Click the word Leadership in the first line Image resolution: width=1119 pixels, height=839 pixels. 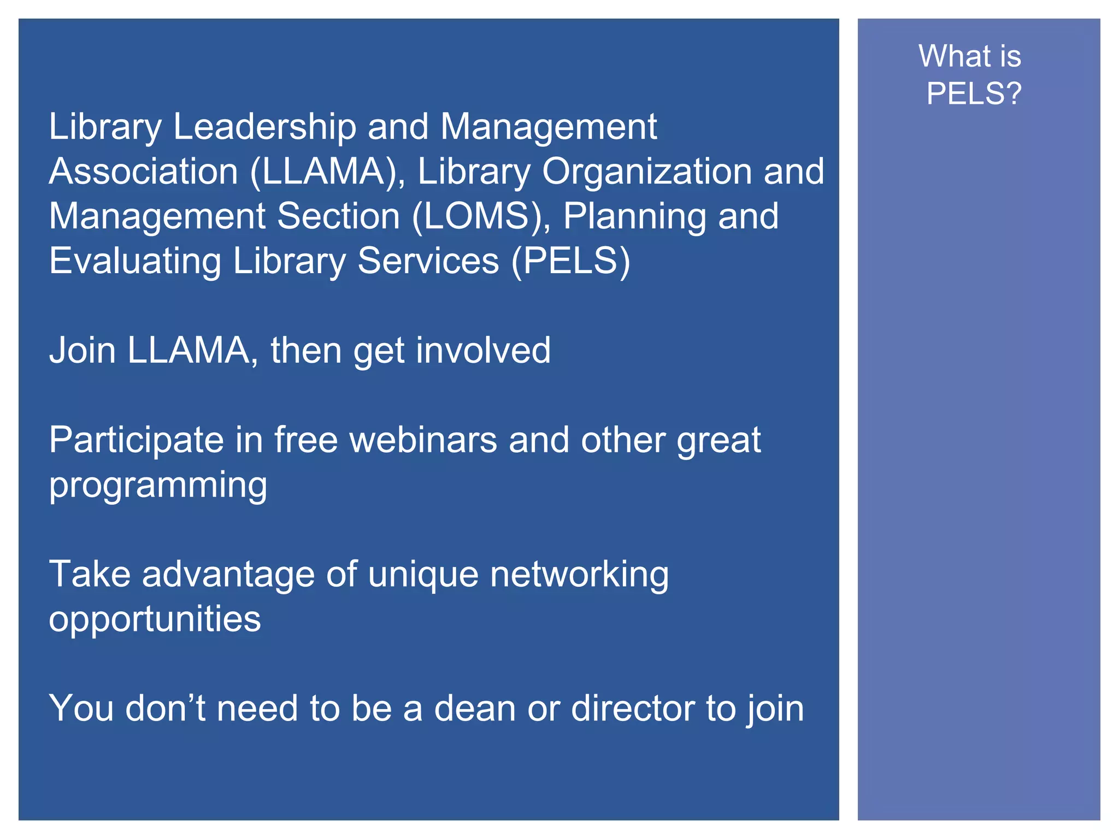pyautogui.click(x=264, y=127)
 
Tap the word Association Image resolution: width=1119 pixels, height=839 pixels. pyautogui.click(x=144, y=172)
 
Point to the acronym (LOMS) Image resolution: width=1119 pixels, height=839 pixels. pyautogui.click(x=481, y=216)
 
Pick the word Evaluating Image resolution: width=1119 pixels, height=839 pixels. pyautogui.click(x=135, y=261)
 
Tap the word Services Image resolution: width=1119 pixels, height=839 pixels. pyautogui.click(x=428, y=261)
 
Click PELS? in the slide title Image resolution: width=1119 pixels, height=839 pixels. pyautogui.click(x=974, y=93)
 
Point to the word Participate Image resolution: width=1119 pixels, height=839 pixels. pyautogui.click(x=137, y=440)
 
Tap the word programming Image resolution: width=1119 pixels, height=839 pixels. pyautogui.click(x=158, y=486)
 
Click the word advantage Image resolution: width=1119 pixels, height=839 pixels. pyautogui.click(x=228, y=575)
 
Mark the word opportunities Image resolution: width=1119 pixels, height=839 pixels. pyautogui.click(x=155, y=620)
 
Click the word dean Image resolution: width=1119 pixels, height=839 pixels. pyautogui.click(x=475, y=708)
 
